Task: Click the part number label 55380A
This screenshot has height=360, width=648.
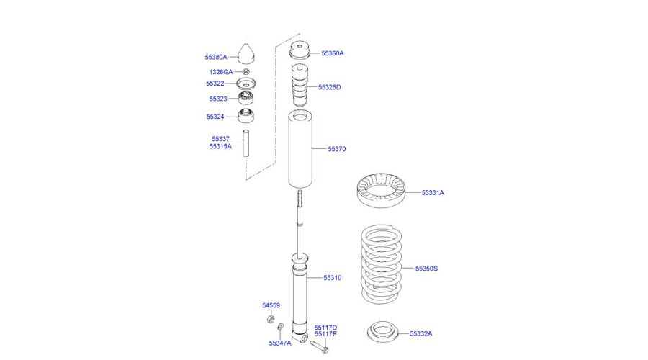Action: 215,56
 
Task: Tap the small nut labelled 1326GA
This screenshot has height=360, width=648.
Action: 246,72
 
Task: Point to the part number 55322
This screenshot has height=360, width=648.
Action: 216,84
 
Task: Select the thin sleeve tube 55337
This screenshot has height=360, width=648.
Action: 246,143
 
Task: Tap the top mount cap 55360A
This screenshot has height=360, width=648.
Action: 299,52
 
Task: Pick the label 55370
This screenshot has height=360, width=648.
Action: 337,150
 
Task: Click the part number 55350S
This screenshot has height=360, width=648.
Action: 426,269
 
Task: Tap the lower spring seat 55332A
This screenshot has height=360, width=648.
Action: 382,333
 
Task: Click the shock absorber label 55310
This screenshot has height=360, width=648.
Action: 332,278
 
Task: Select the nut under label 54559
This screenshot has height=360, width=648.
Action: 271,319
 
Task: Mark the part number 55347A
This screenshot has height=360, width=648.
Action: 280,343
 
